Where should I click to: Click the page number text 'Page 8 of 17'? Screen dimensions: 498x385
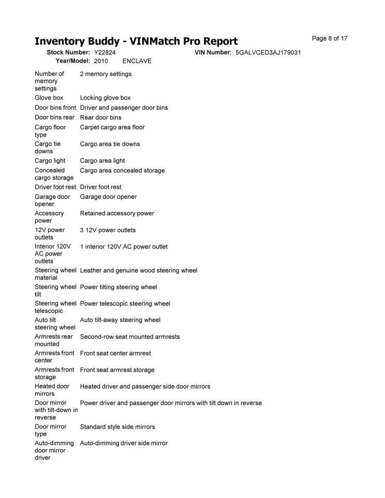(329, 38)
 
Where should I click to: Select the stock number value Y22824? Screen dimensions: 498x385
(105, 53)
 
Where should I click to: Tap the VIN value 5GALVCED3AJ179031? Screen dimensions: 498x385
(268, 53)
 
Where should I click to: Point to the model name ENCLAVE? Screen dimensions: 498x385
(137, 61)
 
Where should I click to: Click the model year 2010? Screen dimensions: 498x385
(101, 61)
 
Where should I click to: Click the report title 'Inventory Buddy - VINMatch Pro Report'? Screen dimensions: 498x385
(136, 41)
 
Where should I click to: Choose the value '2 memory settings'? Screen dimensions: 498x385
(106, 74)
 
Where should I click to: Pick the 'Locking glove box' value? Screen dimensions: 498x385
(105, 98)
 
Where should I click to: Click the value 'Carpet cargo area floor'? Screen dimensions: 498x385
(112, 127)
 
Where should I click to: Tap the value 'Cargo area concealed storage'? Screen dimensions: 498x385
(122, 170)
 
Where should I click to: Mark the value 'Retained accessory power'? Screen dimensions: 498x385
(117, 213)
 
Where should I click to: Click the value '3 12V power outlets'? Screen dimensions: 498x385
(108, 230)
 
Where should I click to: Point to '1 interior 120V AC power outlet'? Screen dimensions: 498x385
(123, 246)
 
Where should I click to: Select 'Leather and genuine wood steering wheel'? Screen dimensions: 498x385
(139, 270)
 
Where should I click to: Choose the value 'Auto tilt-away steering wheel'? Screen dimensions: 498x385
(120, 320)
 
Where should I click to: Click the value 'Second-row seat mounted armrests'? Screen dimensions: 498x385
(130, 337)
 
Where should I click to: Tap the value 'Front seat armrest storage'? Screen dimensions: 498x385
(117, 370)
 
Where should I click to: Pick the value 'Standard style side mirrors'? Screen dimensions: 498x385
(117, 427)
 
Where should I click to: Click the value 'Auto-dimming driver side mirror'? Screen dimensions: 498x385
(123, 443)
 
